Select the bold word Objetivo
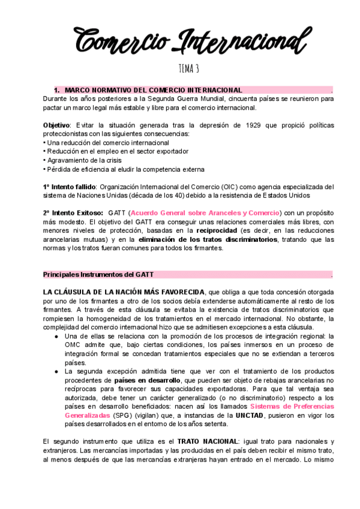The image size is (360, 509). coord(56,125)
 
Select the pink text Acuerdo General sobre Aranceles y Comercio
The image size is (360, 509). coord(205,213)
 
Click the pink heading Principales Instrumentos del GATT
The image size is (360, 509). coord(98,275)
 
